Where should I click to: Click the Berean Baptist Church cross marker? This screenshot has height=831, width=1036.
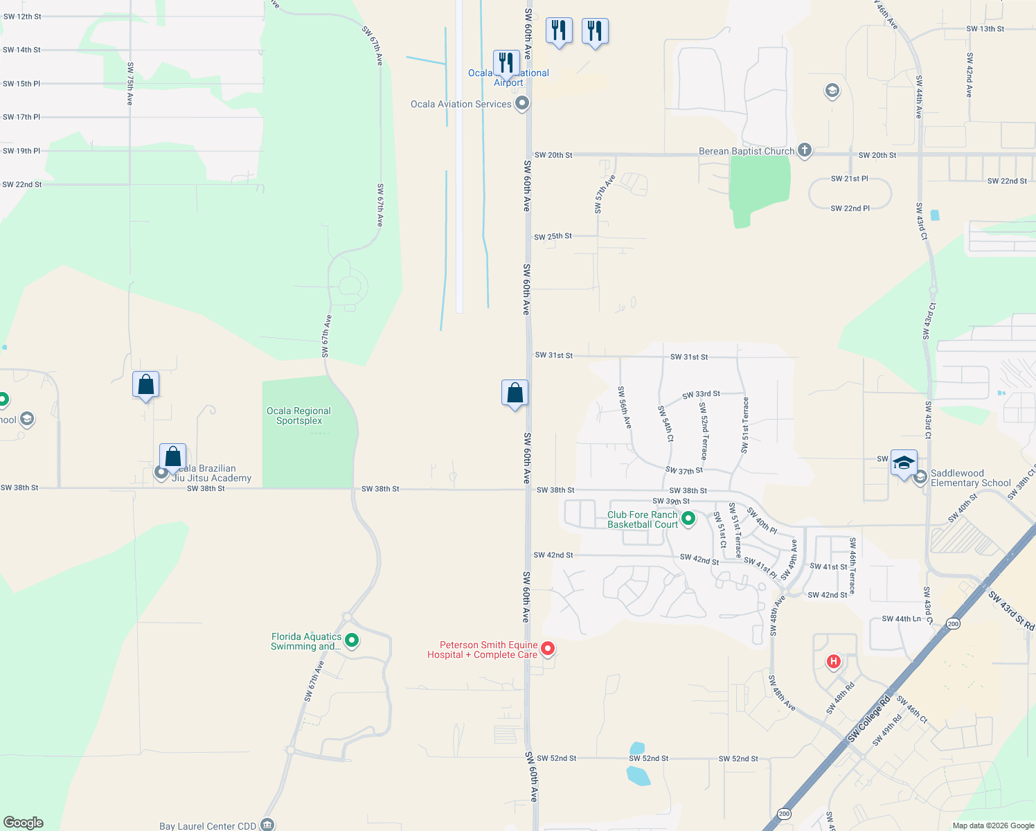(804, 150)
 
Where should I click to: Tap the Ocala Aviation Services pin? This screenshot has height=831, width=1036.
(522, 104)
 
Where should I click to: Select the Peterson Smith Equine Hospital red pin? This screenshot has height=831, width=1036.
(548, 649)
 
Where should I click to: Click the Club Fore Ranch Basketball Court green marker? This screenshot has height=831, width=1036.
(688, 518)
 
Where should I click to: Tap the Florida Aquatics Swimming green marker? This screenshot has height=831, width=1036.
(352, 641)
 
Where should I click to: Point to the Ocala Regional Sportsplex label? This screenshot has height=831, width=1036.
(298, 415)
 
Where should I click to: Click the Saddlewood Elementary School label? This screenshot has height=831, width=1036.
(970, 478)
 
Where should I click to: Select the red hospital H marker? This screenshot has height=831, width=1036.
(834, 661)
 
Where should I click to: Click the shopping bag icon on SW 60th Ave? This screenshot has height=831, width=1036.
(515, 393)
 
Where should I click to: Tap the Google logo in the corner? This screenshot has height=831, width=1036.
(24, 822)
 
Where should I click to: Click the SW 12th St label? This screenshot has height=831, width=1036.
(22, 17)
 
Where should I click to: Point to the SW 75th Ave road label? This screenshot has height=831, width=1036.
(129, 84)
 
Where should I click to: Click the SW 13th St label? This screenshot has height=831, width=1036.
(985, 29)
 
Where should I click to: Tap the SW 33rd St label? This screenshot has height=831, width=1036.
(701, 395)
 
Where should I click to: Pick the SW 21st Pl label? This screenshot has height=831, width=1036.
(849, 179)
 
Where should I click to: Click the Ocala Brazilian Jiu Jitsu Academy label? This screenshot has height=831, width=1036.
(211, 473)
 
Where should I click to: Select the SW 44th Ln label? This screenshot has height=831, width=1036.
(901, 619)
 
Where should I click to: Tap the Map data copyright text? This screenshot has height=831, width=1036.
(993, 825)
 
